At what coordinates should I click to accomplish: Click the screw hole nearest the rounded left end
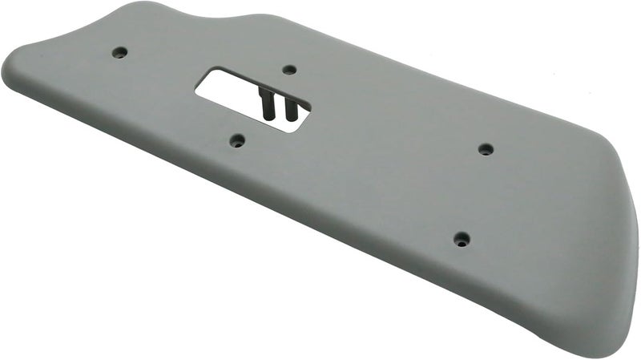[x=119, y=52]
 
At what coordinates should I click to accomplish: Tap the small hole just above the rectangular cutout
[x=290, y=70]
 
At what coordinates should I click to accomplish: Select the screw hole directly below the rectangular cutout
[x=237, y=140]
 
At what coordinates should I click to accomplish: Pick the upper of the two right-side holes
[x=486, y=149]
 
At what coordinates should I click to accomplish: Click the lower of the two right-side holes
[x=462, y=239]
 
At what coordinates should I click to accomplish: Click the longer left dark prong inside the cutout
[x=265, y=104]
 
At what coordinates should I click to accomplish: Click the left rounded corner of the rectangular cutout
[x=200, y=90]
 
